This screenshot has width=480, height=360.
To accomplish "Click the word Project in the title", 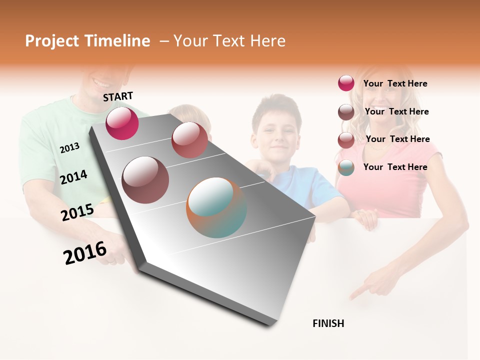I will (x=52, y=41).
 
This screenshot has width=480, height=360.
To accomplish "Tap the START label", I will (x=118, y=96).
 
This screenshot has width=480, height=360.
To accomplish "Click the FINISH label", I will (x=328, y=323).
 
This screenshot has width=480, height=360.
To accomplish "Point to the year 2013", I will (x=69, y=147).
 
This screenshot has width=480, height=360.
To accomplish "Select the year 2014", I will (x=73, y=177).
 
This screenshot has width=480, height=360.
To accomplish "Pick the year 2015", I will (x=77, y=212).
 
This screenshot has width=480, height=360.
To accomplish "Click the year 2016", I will (x=85, y=253).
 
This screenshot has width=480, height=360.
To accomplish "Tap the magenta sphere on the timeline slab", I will (x=122, y=123).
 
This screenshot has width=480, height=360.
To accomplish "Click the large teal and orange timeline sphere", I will (x=216, y=207).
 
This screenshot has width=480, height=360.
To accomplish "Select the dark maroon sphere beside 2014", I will (x=145, y=179).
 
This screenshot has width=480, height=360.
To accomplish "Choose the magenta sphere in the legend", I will (x=346, y=83).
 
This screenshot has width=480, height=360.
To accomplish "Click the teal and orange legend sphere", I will (x=346, y=167).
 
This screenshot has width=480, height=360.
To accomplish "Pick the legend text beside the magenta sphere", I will (x=395, y=83).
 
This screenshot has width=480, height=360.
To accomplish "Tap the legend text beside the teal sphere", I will (x=395, y=167).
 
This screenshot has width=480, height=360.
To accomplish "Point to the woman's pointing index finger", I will (x=356, y=294).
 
